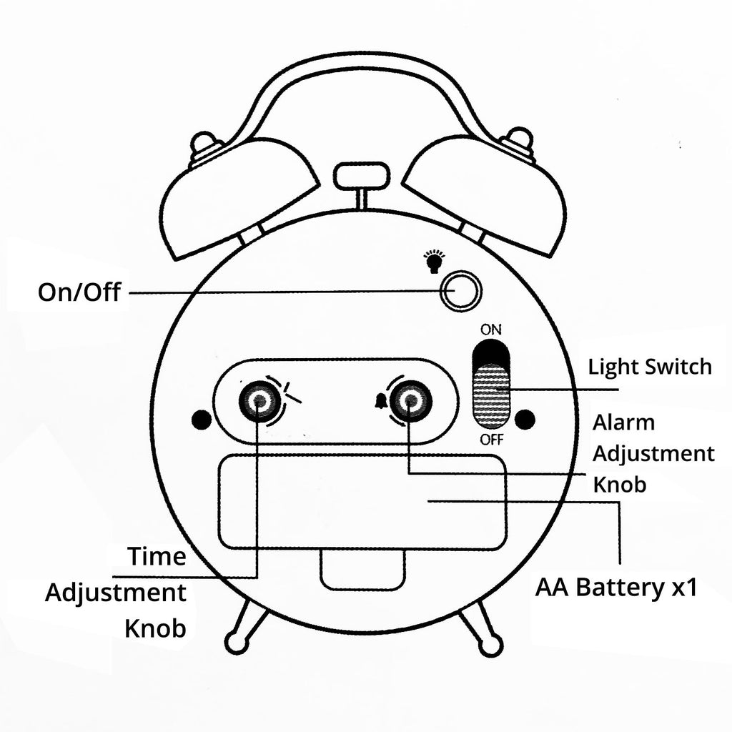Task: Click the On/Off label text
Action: tap(79, 292)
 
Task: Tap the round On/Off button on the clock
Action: tap(459, 291)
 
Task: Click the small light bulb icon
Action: tap(432, 261)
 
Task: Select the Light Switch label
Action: tap(650, 367)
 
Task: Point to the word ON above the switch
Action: tap(491, 330)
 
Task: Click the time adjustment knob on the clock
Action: tap(257, 402)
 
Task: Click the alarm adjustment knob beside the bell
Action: tap(408, 402)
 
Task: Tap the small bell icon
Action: tap(379, 402)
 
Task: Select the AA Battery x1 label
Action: tap(615, 589)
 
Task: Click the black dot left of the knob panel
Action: tap(200, 418)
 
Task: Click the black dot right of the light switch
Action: tap(525, 419)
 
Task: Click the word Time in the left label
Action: tap(157, 556)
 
